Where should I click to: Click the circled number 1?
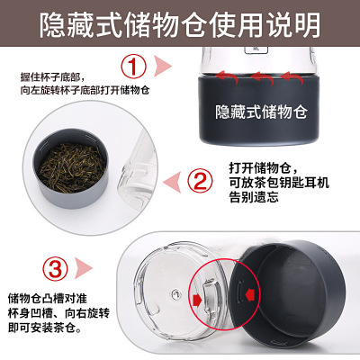coord(134,66)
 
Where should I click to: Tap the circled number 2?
coord(200,181)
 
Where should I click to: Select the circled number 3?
coord(55,268)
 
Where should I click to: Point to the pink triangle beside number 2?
coord(172,182)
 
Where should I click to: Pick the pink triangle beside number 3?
coord(83,268)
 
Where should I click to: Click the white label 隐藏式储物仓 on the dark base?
coord(261,112)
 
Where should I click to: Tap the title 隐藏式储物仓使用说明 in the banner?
coord(180,24)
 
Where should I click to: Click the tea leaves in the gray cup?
coord(72,167)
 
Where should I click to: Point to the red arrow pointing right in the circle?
coord(198,300)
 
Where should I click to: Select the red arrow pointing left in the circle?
coord(252,295)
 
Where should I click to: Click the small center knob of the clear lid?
coord(175,293)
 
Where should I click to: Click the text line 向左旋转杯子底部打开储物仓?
coord(85,90)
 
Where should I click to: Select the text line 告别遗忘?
coord(254,197)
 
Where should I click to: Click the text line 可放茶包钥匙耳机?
coord(279,183)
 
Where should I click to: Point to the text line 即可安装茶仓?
coord(45,328)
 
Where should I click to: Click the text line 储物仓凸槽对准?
coord(48,299)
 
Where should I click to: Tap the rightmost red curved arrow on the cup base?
coord(292,77)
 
